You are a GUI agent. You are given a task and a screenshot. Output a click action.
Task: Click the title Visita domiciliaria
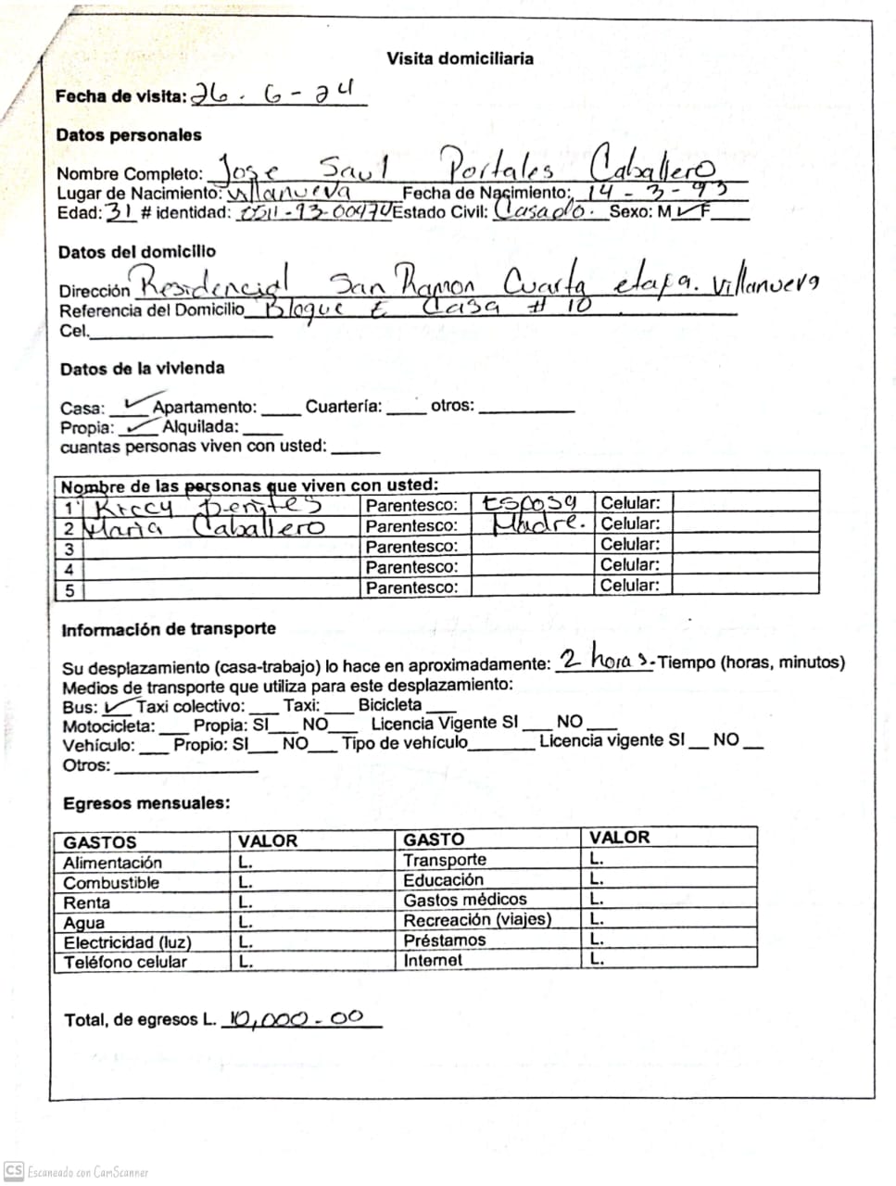coord(460,58)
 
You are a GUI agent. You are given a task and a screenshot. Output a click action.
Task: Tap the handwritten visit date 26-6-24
coord(272,94)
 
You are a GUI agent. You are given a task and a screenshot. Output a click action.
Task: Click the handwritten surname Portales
coord(500,168)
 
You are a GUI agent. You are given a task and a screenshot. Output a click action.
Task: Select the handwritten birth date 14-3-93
coord(654,192)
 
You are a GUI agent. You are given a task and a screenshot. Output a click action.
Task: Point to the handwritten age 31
coord(120,211)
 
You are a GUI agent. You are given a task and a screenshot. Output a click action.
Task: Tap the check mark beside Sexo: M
coord(688,212)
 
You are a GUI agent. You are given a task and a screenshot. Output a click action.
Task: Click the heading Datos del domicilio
coord(136,252)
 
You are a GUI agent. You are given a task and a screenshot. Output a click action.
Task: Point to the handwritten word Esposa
coord(529,503)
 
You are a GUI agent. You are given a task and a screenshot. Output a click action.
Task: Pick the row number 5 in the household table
coord(69,589)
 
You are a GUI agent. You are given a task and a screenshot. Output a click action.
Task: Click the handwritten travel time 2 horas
coord(607,660)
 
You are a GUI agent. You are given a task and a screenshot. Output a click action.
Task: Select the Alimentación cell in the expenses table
coord(112,863)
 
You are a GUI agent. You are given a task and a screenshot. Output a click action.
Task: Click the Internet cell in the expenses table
coord(433,961)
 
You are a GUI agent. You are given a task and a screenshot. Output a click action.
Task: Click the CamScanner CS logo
coord(13,1172)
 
